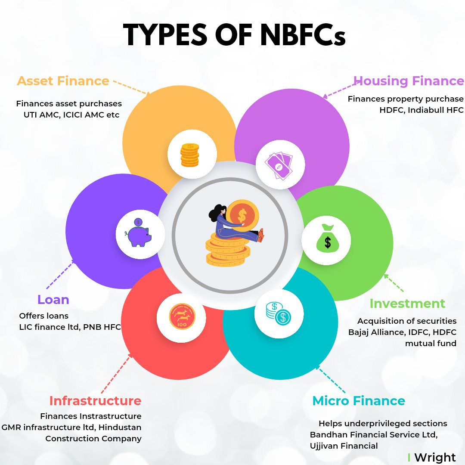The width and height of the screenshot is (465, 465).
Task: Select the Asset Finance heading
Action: click(x=63, y=81)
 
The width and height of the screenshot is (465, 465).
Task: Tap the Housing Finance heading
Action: click(x=409, y=81)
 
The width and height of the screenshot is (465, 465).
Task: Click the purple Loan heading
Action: click(x=53, y=299)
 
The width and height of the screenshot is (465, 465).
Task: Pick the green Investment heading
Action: click(x=407, y=304)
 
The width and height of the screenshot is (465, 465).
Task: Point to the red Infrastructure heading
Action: click(x=95, y=401)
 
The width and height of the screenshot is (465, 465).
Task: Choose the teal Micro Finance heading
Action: click(x=359, y=401)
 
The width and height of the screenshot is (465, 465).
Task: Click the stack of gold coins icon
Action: click(x=189, y=155)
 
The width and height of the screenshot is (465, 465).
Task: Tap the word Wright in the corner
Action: click(x=435, y=457)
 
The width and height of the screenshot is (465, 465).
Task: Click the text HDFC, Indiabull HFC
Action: click(x=421, y=110)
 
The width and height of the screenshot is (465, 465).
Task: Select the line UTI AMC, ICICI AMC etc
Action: click(x=71, y=115)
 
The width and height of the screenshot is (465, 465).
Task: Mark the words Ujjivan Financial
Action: click(x=344, y=446)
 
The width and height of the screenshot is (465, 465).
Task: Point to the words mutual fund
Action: click(x=431, y=344)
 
